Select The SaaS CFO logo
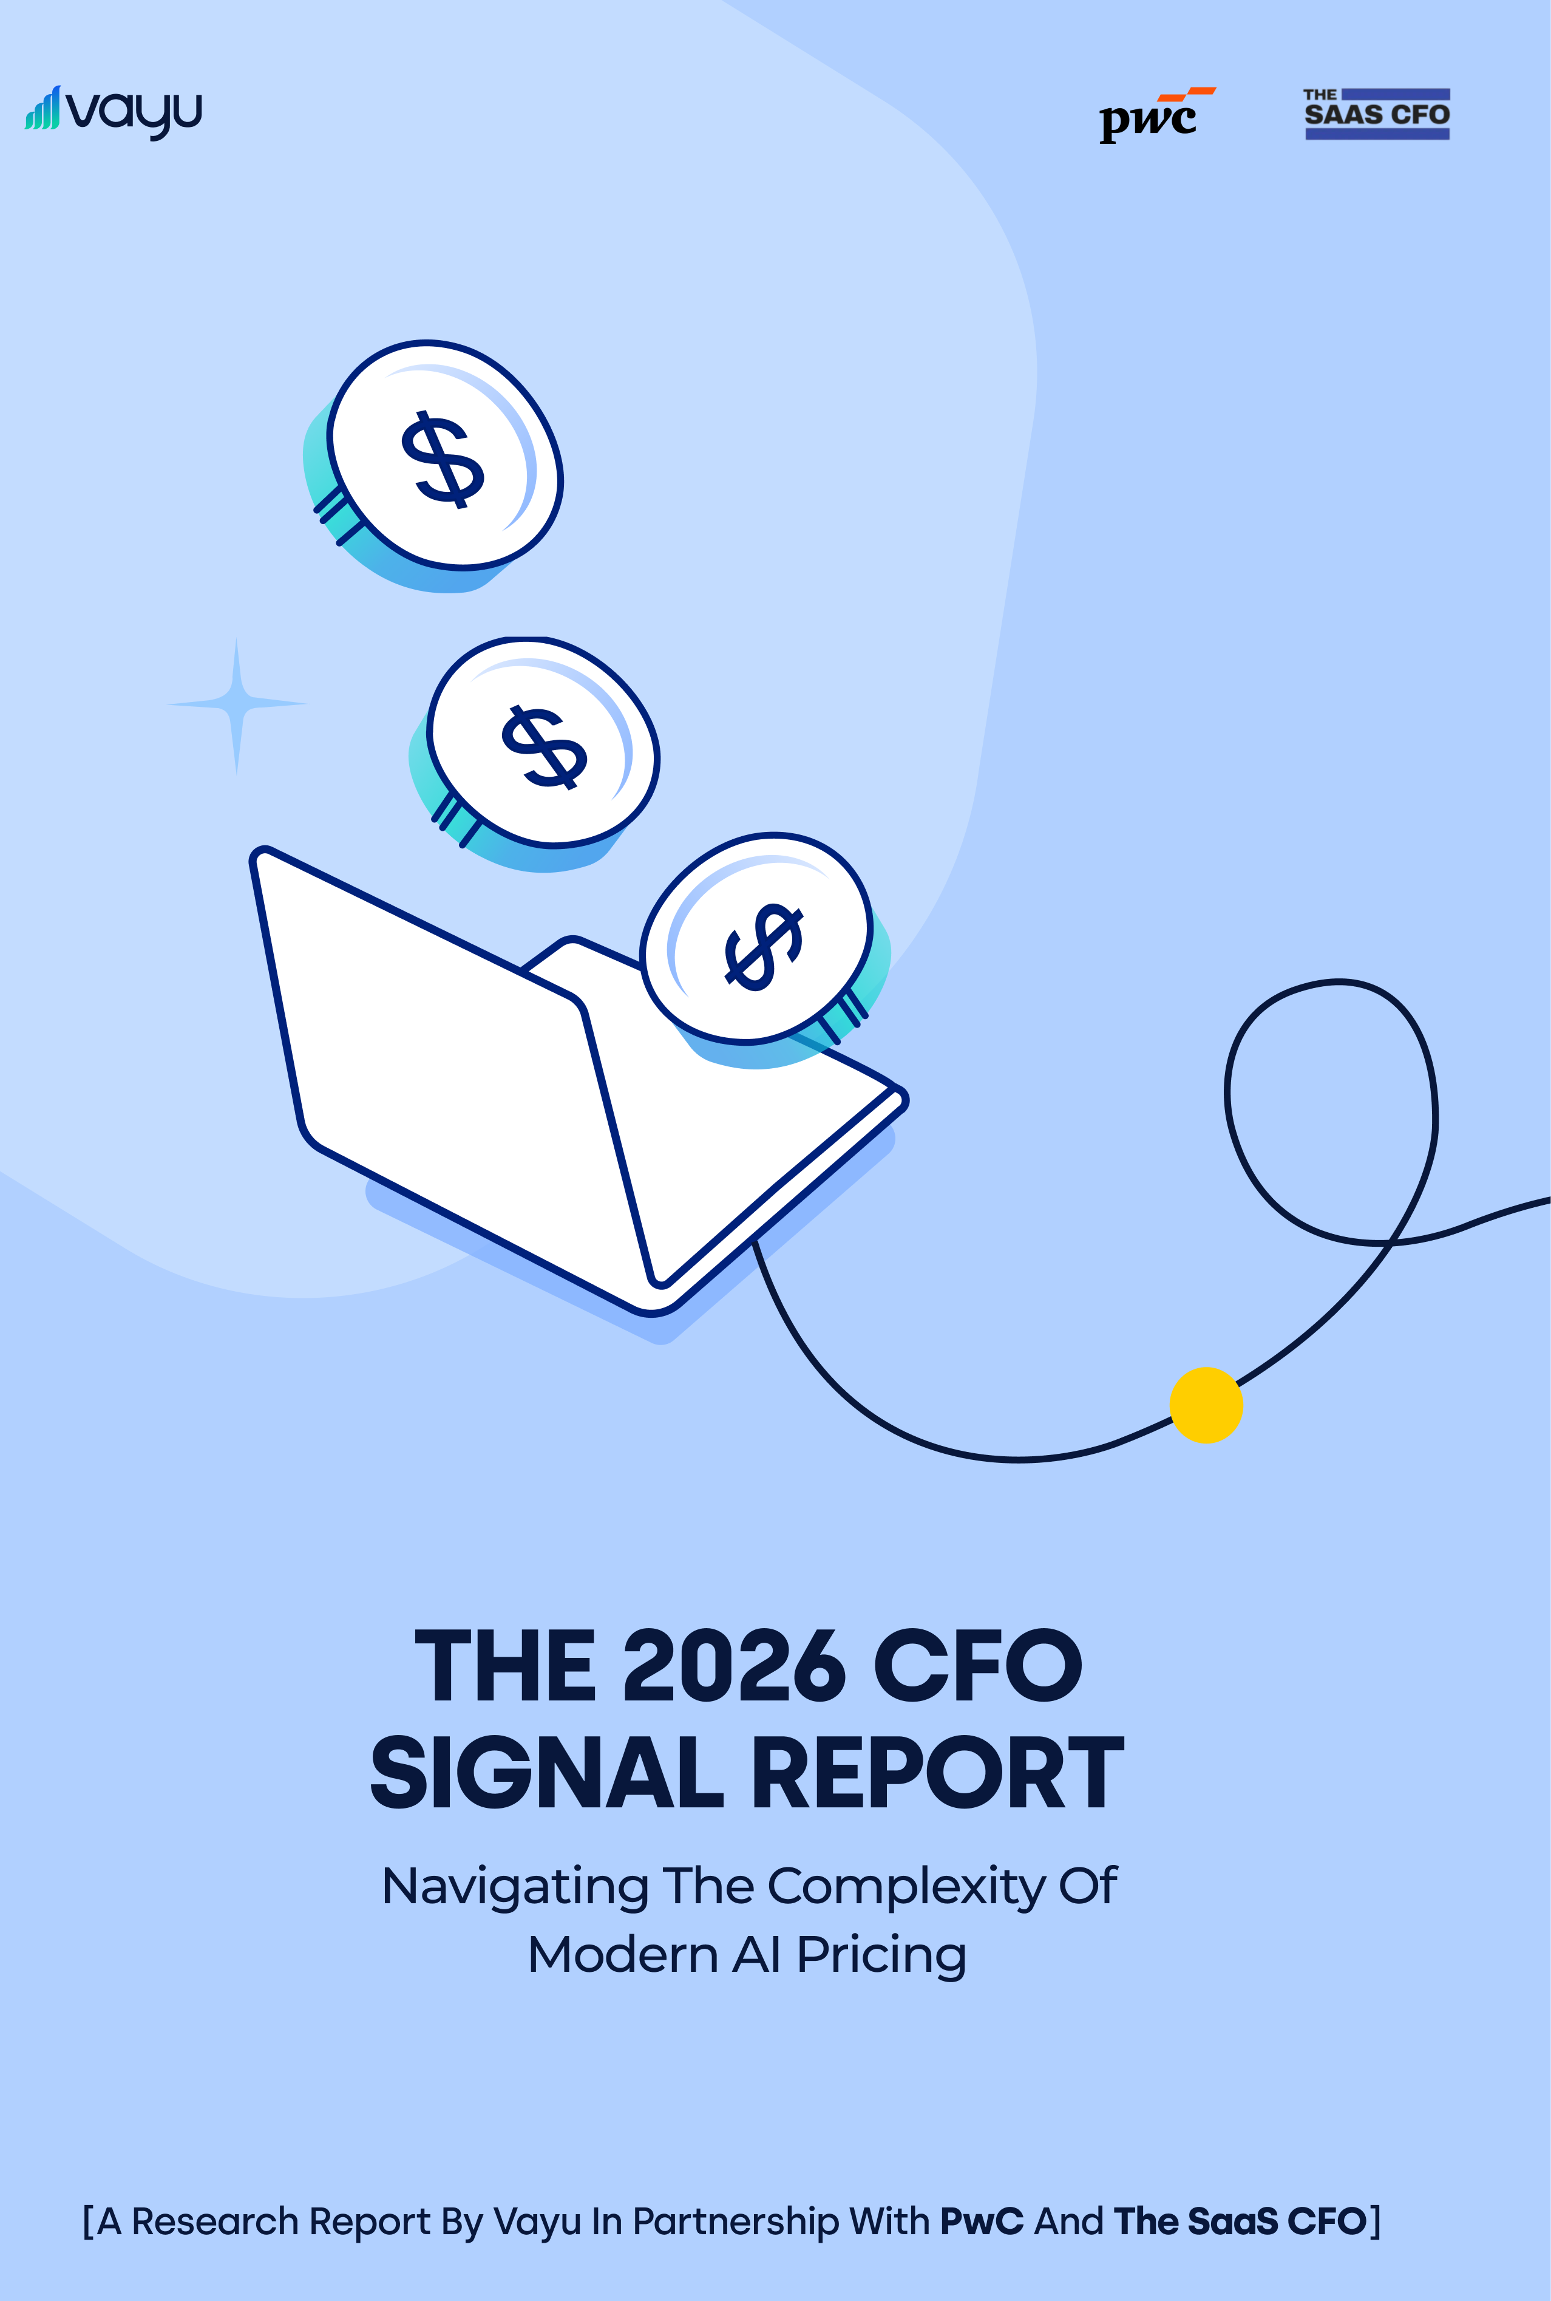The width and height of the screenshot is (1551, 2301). [1376, 114]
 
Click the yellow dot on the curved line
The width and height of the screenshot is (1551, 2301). [1206, 1405]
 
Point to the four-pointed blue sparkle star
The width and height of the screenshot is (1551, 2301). [236, 704]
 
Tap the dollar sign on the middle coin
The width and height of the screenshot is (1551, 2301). [543, 747]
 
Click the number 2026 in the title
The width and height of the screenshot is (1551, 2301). [734, 1668]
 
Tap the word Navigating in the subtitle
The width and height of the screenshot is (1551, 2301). [514, 1886]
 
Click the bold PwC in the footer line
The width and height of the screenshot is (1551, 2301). [981, 2221]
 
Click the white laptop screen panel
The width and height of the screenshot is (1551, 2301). [435, 1049]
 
